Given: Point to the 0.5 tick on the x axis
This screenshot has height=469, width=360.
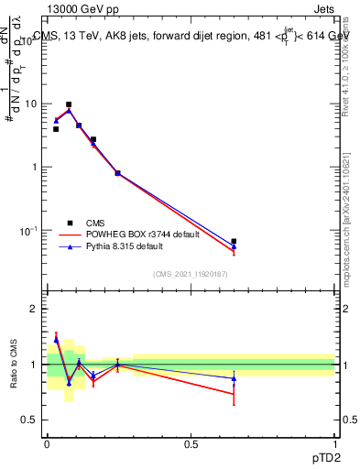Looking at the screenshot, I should [x=191, y=444].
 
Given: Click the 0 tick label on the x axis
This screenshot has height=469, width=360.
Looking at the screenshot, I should [x=47, y=444].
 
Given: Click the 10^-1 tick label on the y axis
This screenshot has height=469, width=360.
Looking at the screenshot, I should [x=29, y=230].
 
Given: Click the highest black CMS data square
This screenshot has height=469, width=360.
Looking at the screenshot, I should [x=69, y=104].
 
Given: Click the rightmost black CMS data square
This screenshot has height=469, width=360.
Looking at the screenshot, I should [x=234, y=241].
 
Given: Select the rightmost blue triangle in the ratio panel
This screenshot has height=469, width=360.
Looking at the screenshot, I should [x=234, y=377].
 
